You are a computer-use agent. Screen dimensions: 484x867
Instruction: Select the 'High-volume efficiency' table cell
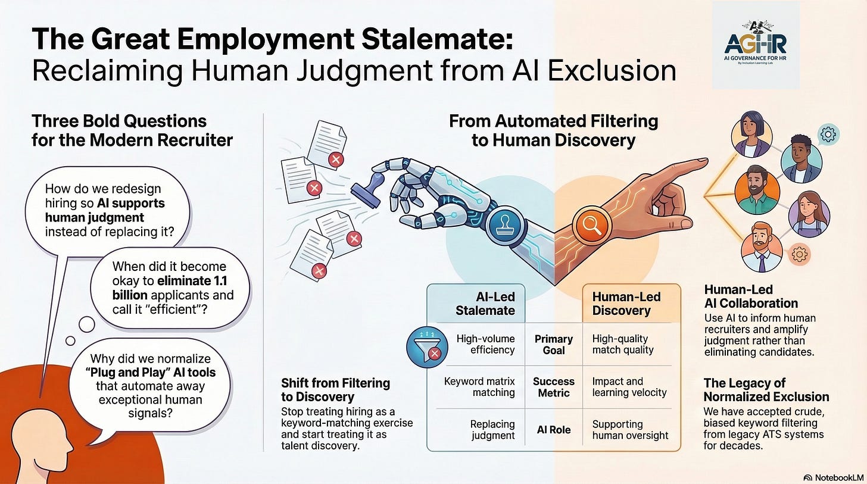click(485, 344)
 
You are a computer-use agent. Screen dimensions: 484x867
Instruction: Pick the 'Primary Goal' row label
click(553, 344)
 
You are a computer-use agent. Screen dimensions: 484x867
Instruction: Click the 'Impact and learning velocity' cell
click(629, 386)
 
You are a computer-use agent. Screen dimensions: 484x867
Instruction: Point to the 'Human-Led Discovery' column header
click(626, 304)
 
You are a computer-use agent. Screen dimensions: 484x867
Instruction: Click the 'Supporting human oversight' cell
click(630, 430)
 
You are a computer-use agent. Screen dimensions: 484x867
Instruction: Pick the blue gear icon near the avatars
click(827, 135)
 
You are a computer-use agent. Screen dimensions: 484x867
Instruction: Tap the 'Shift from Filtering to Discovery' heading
click(335, 390)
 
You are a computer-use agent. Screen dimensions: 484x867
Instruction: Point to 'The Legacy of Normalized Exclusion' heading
click(766, 389)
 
